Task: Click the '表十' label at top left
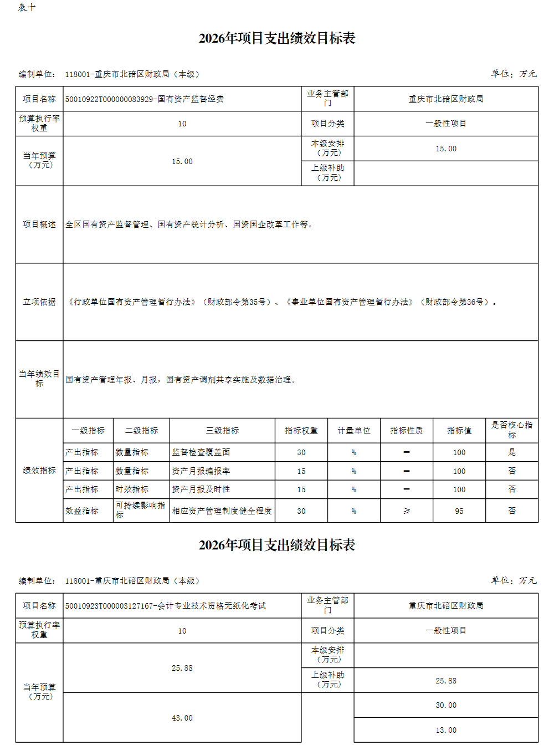(27, 7)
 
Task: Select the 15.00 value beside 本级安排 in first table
(446, 149)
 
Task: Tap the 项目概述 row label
(39, 224)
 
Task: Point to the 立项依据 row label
(39, 302)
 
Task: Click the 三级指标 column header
(222, 431)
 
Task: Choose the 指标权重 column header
(301, 431)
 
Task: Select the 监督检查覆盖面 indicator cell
(201, 452)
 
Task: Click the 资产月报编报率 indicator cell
(201, 471)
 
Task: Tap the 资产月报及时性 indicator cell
(201, 489)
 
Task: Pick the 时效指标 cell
(132, 489)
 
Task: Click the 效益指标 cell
(82, 511)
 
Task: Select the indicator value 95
(459, 511)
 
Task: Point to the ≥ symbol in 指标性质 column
(407, 511)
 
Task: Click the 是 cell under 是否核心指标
(512, 452)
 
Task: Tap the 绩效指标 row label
(39, 471)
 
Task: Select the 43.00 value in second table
(182, 718)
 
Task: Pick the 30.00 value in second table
(446, 705)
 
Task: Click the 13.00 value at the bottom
(446, 730)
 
